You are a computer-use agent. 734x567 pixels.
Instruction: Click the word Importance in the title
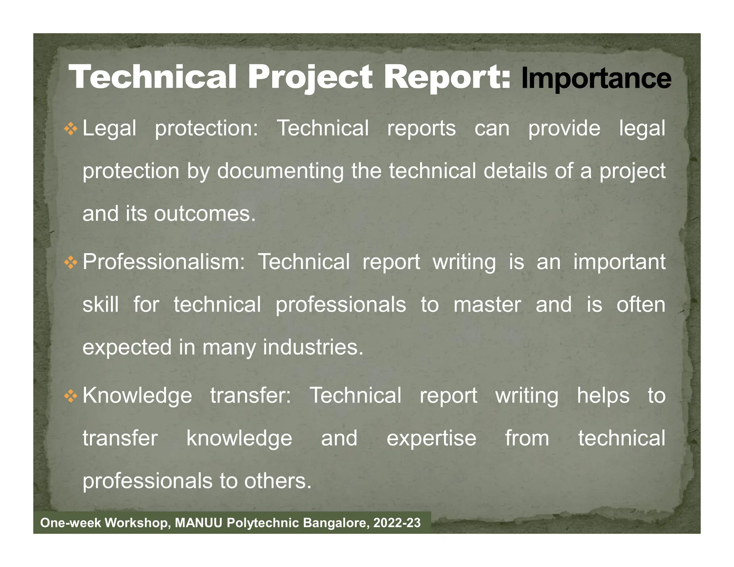point(596,78)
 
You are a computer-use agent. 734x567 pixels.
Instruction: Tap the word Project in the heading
point(310,77)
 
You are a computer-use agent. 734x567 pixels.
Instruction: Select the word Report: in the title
point(447,77)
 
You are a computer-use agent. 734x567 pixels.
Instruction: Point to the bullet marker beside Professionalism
point(71,263)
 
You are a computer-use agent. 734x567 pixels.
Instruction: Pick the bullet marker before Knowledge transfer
point(71,396)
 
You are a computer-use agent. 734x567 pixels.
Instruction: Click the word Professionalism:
point(164,262)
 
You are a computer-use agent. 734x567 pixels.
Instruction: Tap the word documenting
point(280,171)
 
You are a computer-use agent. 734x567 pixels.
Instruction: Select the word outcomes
point(205,214)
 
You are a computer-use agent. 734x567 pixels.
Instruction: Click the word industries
point(313,347)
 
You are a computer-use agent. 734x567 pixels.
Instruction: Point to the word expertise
point(432,438)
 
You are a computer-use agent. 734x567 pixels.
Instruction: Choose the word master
point(487,305)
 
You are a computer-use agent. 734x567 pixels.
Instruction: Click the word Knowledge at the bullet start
point(137,396)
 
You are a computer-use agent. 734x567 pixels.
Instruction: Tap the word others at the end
point(278,481)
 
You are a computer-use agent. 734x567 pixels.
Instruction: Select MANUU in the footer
point(199,523)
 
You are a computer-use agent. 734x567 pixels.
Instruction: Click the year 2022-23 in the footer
point(397,523)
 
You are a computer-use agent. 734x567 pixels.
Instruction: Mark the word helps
point(603,396)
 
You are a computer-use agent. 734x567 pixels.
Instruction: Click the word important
point(619,262)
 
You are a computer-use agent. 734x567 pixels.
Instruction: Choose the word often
point(641,305)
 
